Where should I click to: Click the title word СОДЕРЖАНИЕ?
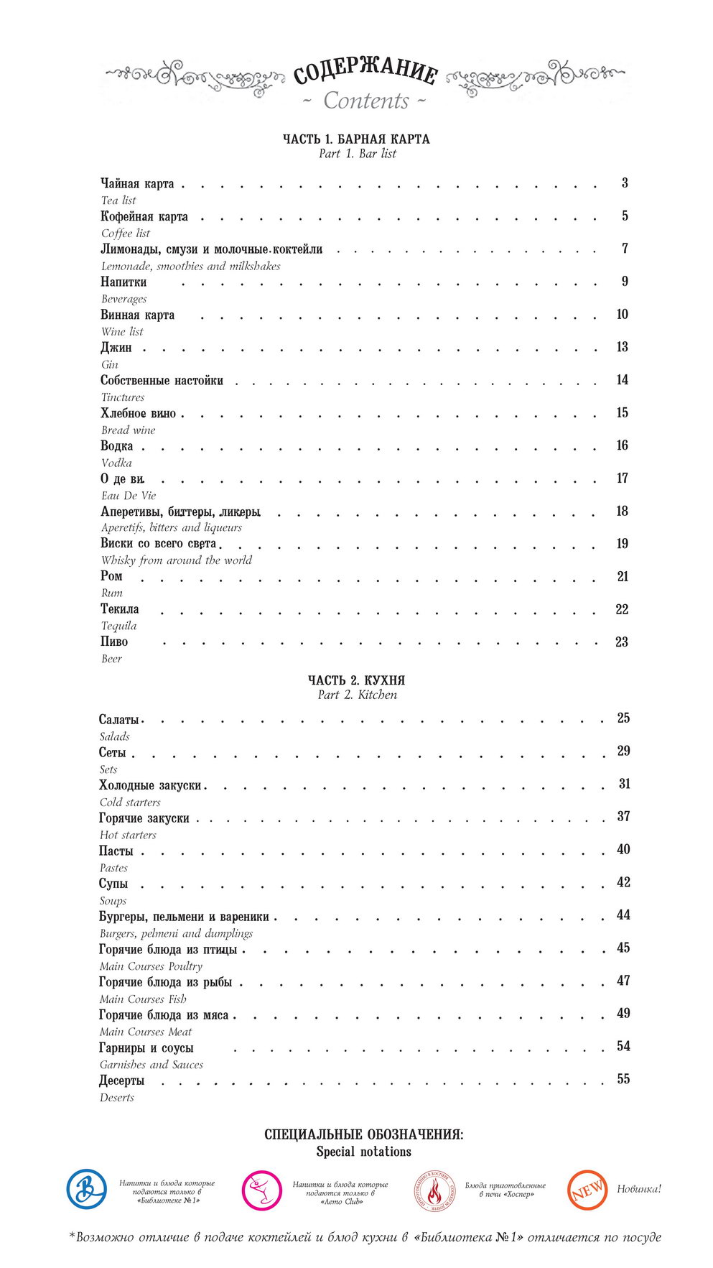tap(365, 72)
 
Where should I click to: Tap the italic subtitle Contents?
tap(365, 101)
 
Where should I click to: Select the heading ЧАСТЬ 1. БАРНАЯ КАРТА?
tap(356, 139)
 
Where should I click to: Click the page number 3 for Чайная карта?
tap(625, 183)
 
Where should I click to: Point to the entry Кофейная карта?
tap(144, 216)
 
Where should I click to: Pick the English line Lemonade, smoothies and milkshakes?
tap(190, 266)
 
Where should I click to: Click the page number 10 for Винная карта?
tap(622, 314)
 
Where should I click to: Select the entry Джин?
tap(116, 348)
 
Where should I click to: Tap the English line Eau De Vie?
tap(129, 496)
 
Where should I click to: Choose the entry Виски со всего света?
tap(159, 544)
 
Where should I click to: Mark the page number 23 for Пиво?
tap(622, 642)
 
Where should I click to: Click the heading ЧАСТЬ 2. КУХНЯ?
tap(357, 680)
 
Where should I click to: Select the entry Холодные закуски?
tap(150, 785)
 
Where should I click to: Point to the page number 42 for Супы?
tap(623, 882)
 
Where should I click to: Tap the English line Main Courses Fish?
tap(143, 999)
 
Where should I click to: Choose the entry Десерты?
tap(122, 1080)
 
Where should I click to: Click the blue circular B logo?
tap(87, 1189)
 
